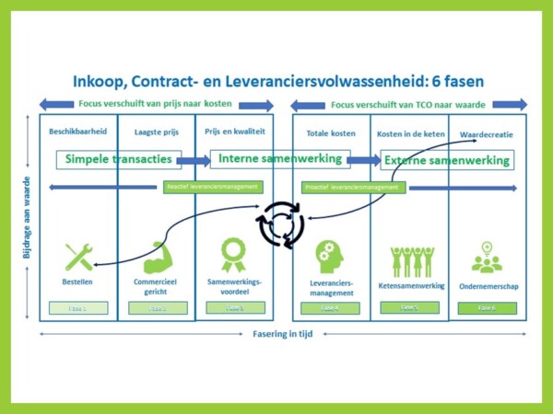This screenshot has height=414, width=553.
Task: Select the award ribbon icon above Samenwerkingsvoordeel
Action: pos(233,254)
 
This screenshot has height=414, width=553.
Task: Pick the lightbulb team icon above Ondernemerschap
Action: pos(487,258)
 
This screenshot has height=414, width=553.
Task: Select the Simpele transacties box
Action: pos(118,159)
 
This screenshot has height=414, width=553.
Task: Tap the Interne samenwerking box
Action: pos(280,159)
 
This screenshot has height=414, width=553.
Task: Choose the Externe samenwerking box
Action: pos(446,160)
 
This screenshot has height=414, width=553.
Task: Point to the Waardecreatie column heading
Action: pos(487,134)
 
